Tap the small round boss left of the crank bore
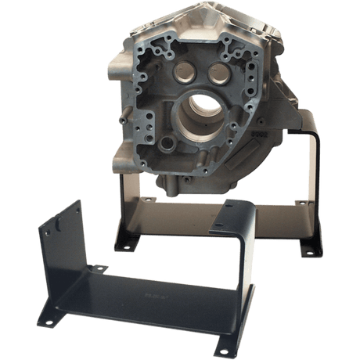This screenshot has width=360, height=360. pos(166,146)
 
